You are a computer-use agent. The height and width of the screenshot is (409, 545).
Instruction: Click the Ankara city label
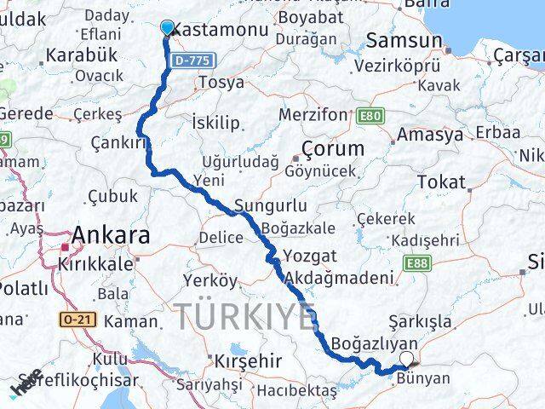(x=112, y=236)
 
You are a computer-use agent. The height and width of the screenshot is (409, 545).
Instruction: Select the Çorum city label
(x=334, y=149)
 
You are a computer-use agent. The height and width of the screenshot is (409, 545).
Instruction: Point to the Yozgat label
(x=309, y=256)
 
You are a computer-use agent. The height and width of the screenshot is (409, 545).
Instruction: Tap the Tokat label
(x=441, y=182)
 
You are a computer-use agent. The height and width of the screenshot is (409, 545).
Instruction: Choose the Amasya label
(x=434, y=135)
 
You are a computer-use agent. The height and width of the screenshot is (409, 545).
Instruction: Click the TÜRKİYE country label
(x=245, y=317)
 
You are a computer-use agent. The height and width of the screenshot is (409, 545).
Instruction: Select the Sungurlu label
(x=269, y=206)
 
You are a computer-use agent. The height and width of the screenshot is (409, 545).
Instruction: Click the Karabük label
(x=80, y=55)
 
